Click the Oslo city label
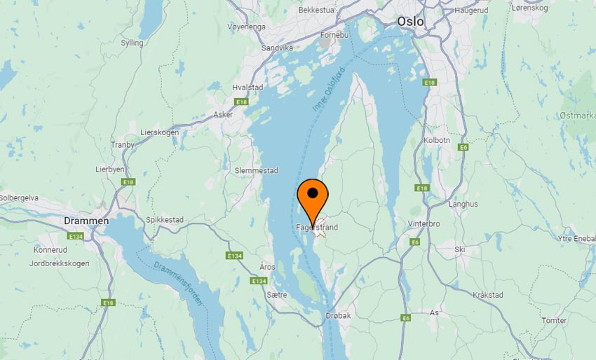[410, 22]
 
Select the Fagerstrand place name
[317, 228]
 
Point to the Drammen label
[86, 221]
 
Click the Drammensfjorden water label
[180, 283]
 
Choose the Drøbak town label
[338, 316]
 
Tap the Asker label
[223, 114]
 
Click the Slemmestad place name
[257, 171]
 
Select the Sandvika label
[276, 48]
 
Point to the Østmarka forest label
[576, 115]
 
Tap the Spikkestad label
[165, 220]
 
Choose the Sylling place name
[132, 43]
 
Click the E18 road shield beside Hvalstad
[242, 102]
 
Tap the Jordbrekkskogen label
[60, 263]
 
